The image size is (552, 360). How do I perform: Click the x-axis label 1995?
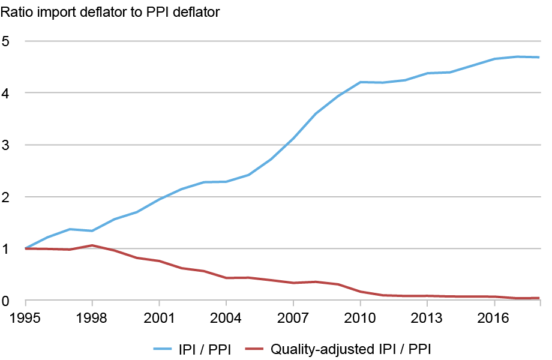pos(25,316)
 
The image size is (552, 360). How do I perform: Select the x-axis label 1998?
pos(92,316)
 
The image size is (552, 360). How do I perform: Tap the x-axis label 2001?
pos(159,316)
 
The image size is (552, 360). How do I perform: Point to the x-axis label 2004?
pos(226,316)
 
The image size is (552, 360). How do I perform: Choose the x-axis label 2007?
pos(293,316)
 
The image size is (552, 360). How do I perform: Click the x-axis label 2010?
pos(360,316)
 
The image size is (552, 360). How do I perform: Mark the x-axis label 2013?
pos(427,316)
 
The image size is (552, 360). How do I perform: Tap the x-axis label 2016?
pos(494,316)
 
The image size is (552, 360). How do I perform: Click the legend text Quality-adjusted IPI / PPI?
pos(351,349)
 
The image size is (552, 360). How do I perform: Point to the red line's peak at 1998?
pos(92,245)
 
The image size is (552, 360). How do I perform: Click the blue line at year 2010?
pos(360,82)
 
